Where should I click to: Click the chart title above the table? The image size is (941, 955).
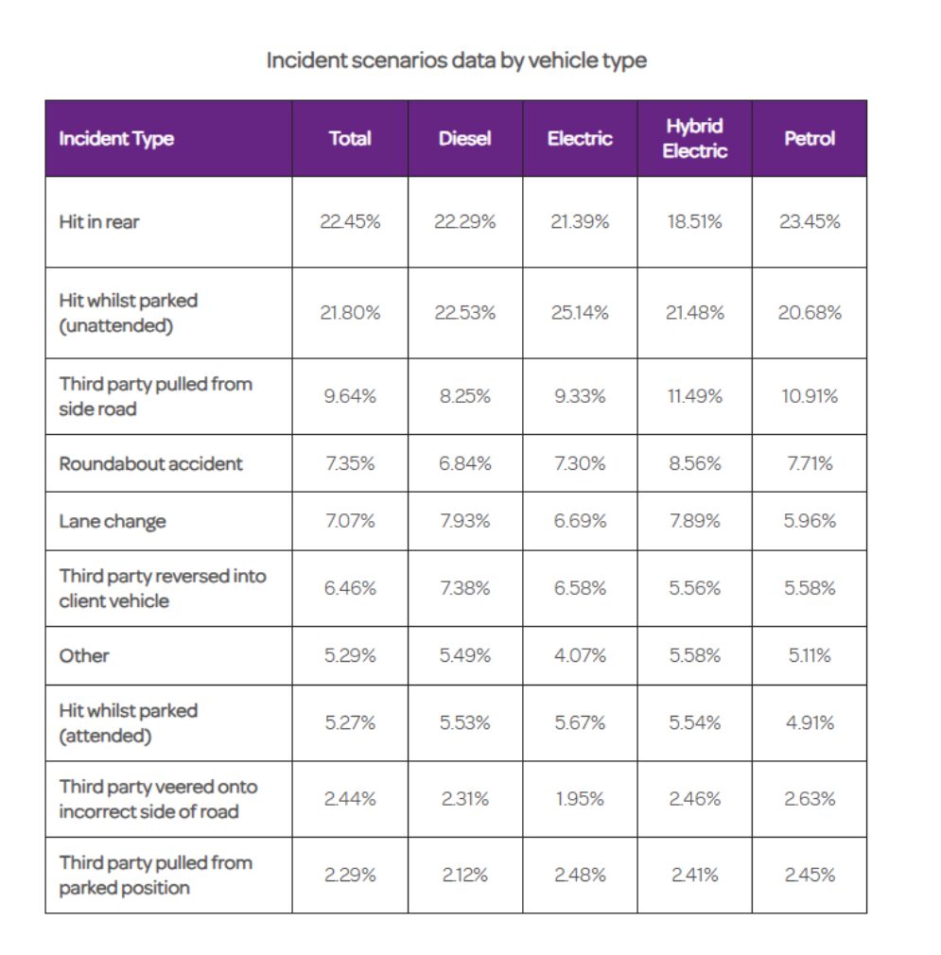[456, 61]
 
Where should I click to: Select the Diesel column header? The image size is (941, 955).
[464, 138]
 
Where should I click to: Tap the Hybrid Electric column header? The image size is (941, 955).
[694, 138]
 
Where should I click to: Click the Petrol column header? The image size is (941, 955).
[810, 138]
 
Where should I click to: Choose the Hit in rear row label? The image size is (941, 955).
[98, 221]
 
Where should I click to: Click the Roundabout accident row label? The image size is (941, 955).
[150, 463]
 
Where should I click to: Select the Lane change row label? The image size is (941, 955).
[112, 521]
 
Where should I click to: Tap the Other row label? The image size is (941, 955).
[84, 655]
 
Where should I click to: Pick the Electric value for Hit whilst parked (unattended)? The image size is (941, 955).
[580, 312]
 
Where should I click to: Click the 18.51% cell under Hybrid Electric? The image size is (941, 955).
[694, 221]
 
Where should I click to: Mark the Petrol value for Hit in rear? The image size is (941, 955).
[810, 221]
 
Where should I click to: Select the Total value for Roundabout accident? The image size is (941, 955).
[350, 463]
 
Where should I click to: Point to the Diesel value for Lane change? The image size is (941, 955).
[464, 521]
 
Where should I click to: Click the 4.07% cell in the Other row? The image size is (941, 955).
[580, 655]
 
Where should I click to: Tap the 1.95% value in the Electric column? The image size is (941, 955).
[580, 798]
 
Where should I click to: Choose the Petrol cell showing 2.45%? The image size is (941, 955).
[810, 875]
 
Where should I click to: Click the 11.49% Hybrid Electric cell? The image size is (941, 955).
[694, 396]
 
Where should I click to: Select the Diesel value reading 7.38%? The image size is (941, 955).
[464, 588]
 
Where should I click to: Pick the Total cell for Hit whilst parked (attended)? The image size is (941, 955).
[350, 722]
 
